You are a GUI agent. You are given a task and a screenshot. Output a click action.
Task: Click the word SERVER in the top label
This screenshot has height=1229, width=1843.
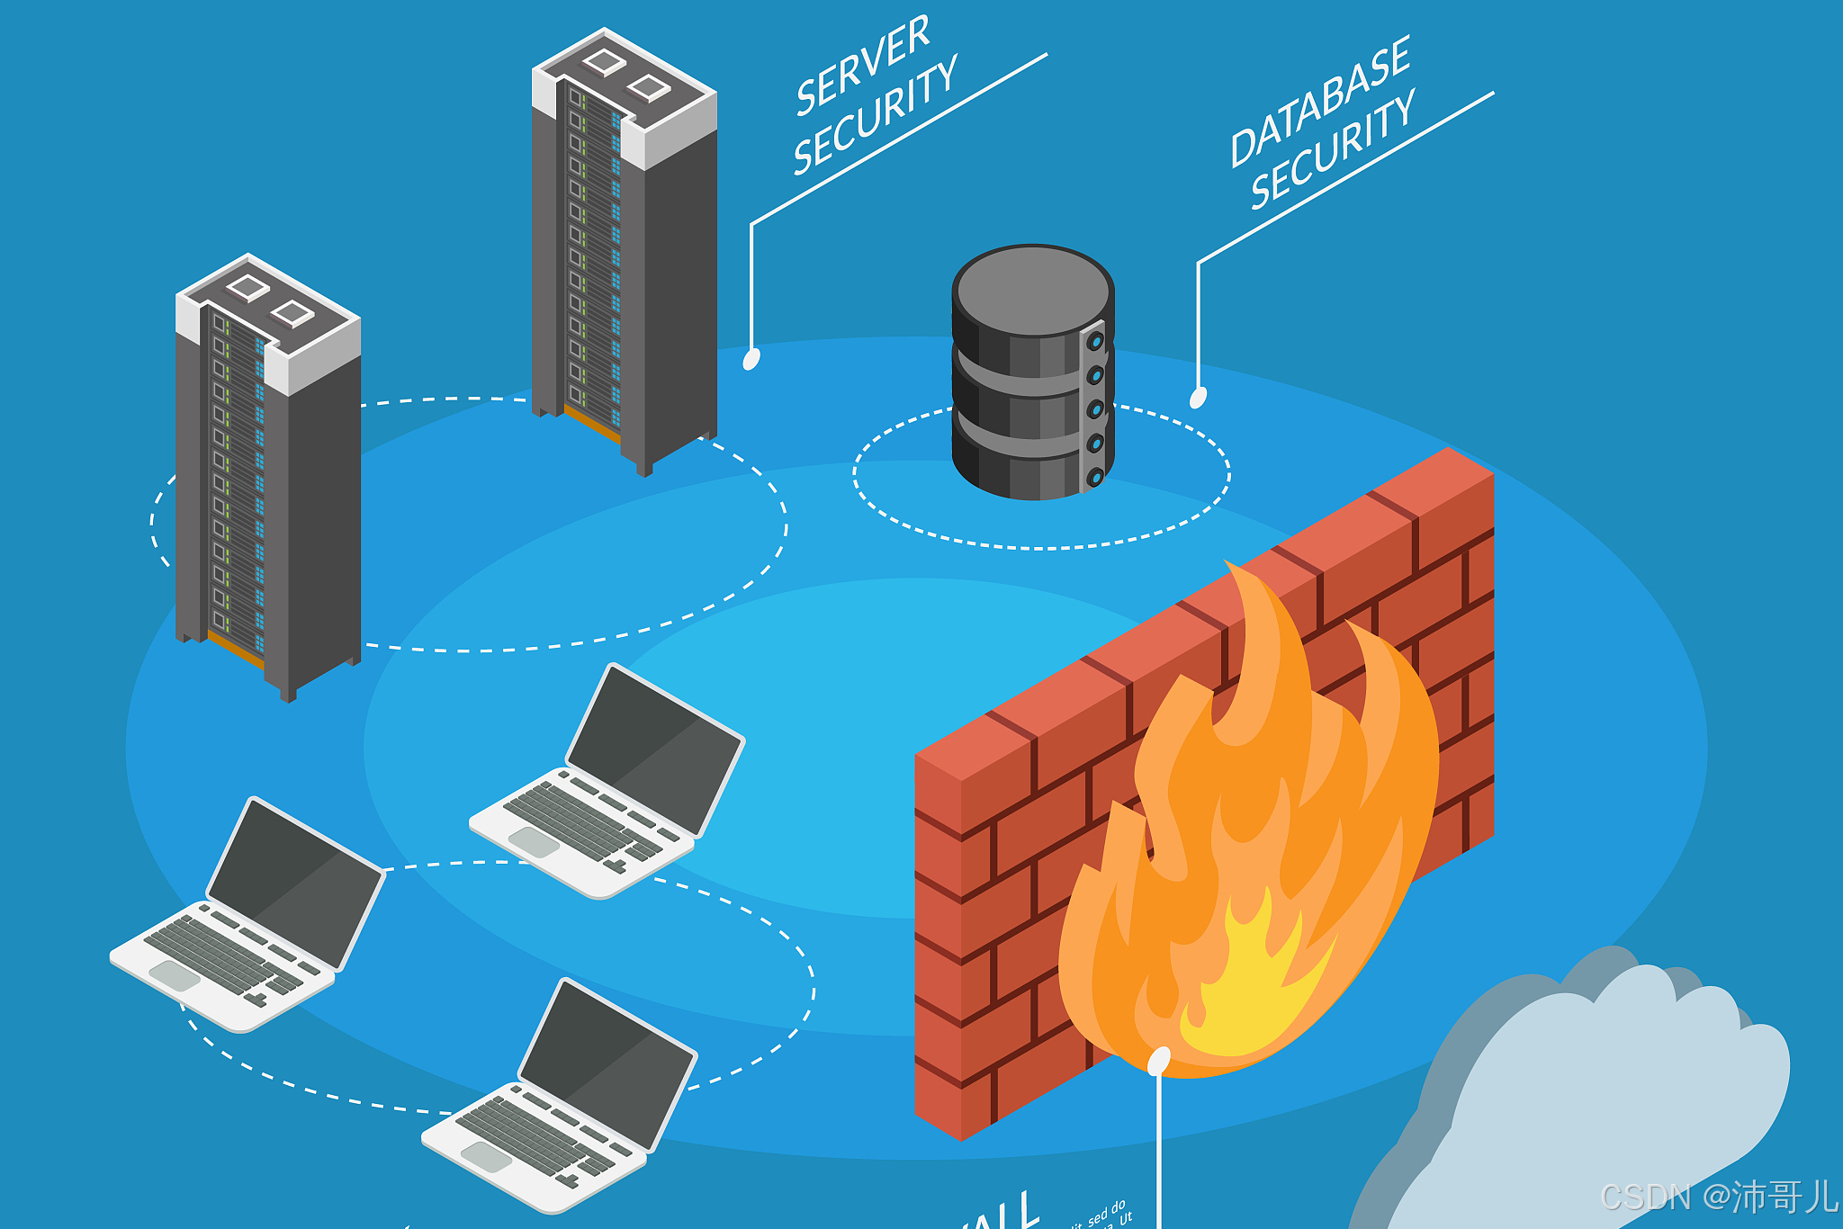862,65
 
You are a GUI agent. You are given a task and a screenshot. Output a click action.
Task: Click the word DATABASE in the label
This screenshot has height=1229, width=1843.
1319,102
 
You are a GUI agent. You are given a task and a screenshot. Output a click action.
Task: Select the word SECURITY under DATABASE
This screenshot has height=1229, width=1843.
1332,150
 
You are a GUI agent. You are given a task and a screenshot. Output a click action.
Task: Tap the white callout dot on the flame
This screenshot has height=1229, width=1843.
1159,1061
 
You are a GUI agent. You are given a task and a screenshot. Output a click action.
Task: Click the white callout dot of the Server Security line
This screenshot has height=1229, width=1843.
751,359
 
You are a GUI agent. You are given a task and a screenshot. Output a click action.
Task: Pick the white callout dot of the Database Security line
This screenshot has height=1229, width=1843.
1198,397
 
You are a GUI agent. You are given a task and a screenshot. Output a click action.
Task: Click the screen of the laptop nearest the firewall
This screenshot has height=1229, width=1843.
655,749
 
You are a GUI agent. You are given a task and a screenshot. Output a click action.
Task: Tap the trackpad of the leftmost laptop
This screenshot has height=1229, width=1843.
174,975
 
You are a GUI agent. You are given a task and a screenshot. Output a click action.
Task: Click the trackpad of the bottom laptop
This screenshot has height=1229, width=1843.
486,1156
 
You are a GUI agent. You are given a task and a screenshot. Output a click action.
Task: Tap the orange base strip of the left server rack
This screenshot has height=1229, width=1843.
236,650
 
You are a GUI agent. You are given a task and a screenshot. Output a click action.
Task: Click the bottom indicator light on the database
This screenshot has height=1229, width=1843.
1095,478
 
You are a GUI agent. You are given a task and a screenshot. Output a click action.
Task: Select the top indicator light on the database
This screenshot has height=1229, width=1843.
1095,342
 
